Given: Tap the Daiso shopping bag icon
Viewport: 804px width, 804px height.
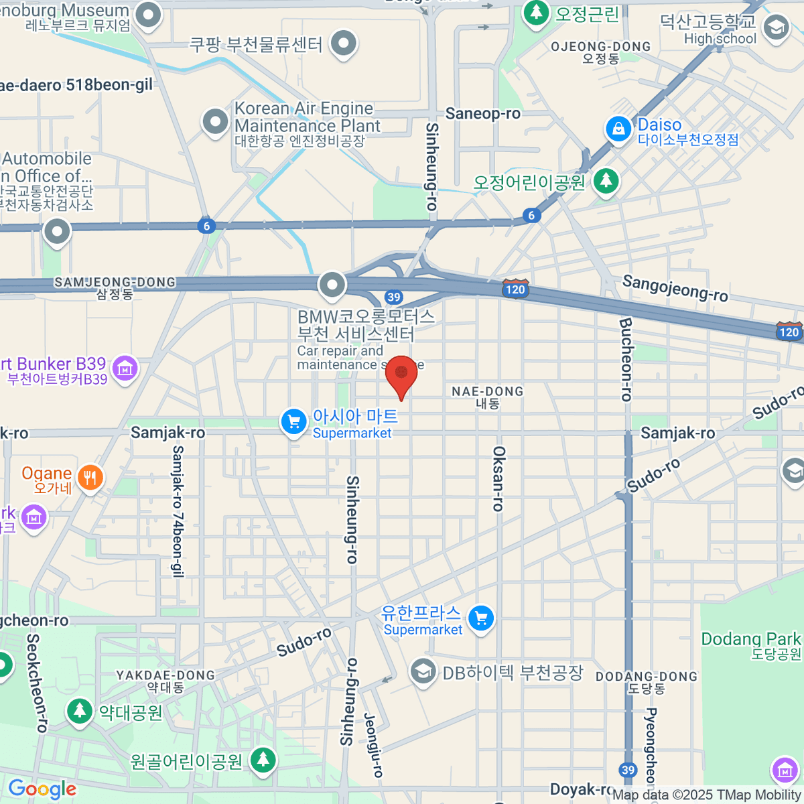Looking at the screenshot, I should click(x=618, y=129).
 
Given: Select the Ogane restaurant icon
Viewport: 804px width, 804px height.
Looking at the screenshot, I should click(x=90, y=478).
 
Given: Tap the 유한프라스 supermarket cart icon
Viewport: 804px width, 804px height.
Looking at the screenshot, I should click(x=481, y=618).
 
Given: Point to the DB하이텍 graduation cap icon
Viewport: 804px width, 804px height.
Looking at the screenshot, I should click(x=423, y=671).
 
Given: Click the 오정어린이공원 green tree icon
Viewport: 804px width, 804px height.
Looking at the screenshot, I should click(x=606, y=180).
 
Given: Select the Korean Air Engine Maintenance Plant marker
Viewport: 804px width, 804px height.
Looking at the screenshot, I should click(x=215, y=122).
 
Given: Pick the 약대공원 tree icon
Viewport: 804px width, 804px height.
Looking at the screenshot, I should click(x=80, y=711).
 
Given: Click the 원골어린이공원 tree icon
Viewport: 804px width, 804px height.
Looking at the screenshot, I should click(x=263, y=759).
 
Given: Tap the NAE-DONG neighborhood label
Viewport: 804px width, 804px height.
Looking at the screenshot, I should click(x=488, y=397).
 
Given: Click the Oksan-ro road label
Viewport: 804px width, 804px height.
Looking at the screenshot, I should click(x=498, y=478).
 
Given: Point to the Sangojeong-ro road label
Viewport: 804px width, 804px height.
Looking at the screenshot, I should click(x=675, y=288).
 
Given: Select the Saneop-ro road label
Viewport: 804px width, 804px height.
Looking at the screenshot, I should click(x=482, y=114).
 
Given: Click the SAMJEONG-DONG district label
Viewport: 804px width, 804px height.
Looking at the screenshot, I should click(x=115, y=287).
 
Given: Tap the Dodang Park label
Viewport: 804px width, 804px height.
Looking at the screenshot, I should click(x=750, y=644).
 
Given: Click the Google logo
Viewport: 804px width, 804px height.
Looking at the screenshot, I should click(x=42, y=789).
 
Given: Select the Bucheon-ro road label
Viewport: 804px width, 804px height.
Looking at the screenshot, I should click(x=626, y=359).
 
